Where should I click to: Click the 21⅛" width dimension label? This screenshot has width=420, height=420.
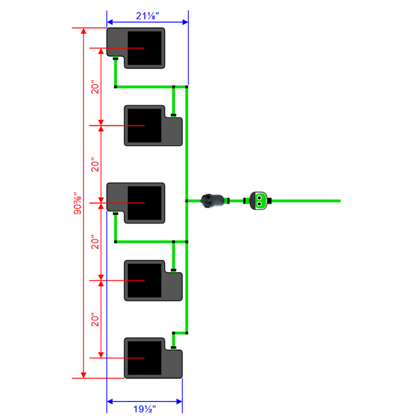click(x=148, y=16)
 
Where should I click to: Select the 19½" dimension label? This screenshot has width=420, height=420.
click(x=145, y=409)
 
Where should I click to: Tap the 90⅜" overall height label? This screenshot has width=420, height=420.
click(x=77, y=203)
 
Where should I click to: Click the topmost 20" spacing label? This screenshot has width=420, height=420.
click(x=95, y=87)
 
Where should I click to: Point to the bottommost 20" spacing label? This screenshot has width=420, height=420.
click(x=95, y=319)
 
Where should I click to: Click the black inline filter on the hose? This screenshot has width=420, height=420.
click(x=212, y=200)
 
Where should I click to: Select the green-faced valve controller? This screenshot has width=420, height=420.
click(x=258, y=200)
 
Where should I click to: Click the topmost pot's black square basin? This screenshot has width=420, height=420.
click(x=145, y=48)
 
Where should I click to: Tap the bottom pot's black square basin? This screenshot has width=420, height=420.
click(x=145, y=358)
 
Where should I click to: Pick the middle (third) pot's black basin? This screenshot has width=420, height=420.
click(x=145, y=203)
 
